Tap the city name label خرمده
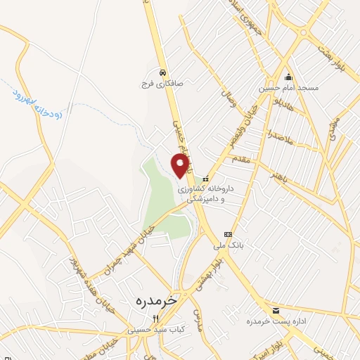148,301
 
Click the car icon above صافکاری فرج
162,72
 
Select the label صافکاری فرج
163,83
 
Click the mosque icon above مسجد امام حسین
288,77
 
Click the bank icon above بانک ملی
227,234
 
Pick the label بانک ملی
227,245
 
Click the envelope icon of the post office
275,310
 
